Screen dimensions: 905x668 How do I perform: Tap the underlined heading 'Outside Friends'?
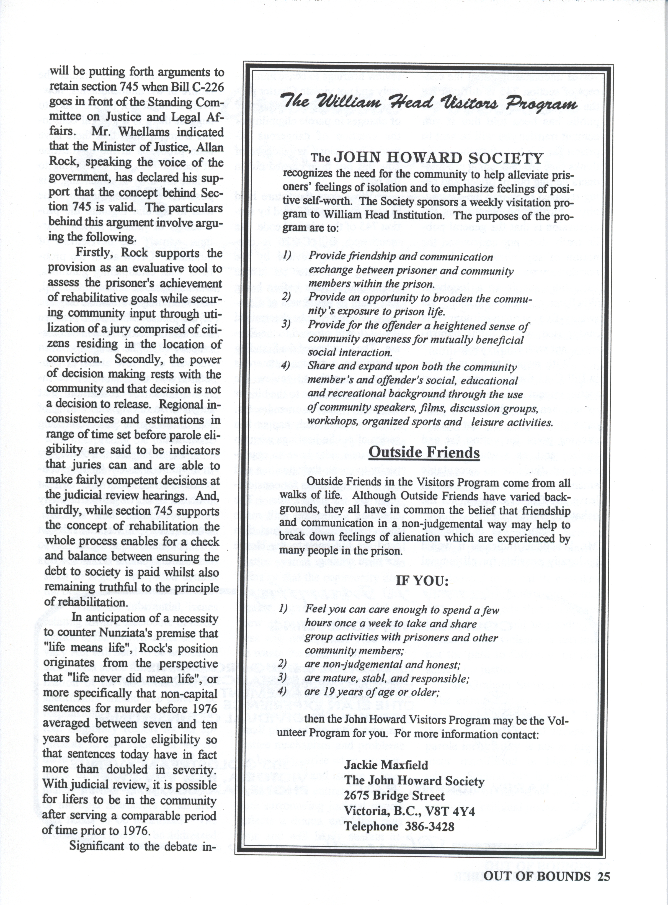pos(424,452)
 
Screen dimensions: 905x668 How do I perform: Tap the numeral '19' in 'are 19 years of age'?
pos(329,692)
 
